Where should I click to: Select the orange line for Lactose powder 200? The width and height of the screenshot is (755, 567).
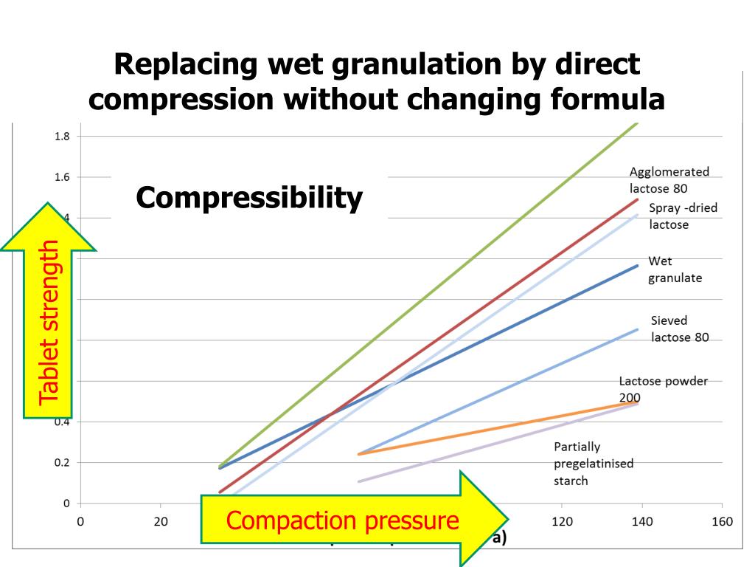click(501, 428)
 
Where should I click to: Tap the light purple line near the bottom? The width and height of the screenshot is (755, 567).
click(501, 441)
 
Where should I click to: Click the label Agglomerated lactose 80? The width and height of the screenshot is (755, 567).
click(669, 179)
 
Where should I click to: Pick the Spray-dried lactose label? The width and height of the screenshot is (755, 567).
click(683, 216)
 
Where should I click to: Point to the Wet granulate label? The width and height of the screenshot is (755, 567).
click(675, 269)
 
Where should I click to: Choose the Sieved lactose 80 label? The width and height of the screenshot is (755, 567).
click(679, 329)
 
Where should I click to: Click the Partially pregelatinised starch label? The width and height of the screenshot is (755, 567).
click(594, 464)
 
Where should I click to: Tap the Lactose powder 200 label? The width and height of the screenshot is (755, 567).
click(663, 388)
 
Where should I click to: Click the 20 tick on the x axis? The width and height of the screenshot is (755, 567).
click(161, 522)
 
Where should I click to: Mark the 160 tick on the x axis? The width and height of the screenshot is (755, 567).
click(722, 522)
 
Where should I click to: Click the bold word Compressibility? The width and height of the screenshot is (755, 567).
click(249, 198)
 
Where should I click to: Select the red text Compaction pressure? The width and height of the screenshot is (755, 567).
click(342, 520)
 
